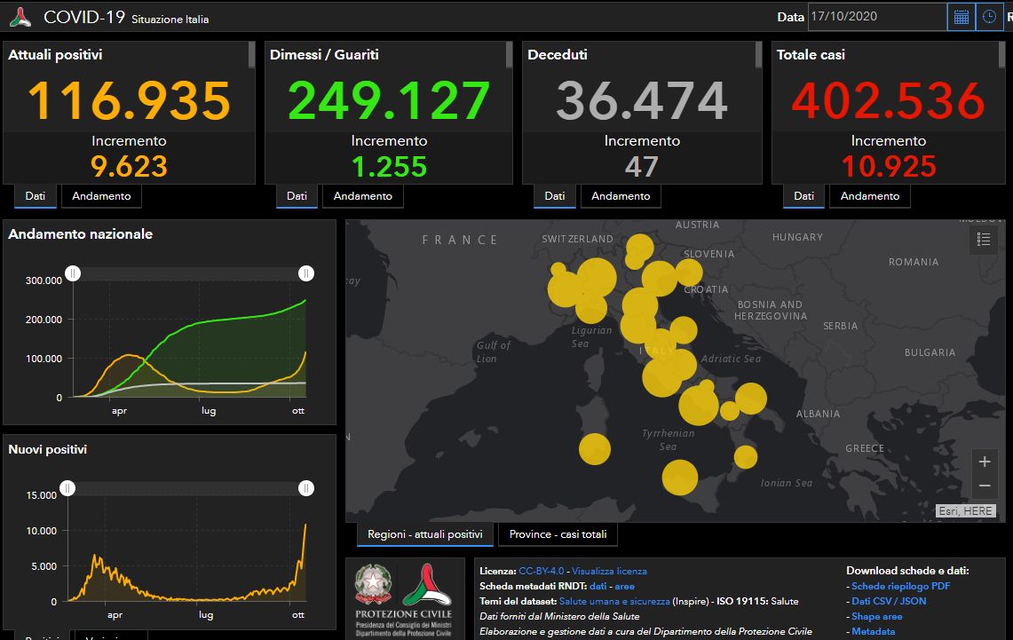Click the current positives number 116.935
(x=130, y=100)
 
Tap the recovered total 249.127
(x=389, y=100)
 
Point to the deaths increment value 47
(x=642, y=166)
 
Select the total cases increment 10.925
(x=889, y=166)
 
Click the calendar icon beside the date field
(x=961, y=17)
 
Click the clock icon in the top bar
(x=988, y=17)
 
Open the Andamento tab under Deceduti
(x=621, y=196)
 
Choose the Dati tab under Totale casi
(x=803, y=196)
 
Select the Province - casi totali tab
(x=558, y=534)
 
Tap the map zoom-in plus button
(x=984, y=462)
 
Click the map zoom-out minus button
(x=984, y=486)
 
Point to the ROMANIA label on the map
(x=914, y=262)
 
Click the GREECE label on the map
(x=865, y=448)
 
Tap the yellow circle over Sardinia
(x=595, y=448)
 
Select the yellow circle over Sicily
(x=680, y=478)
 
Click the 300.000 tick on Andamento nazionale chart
(x=44, y=280)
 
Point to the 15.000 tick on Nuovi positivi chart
(x=41, y=495)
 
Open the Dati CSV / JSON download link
(x=889, y=601)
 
